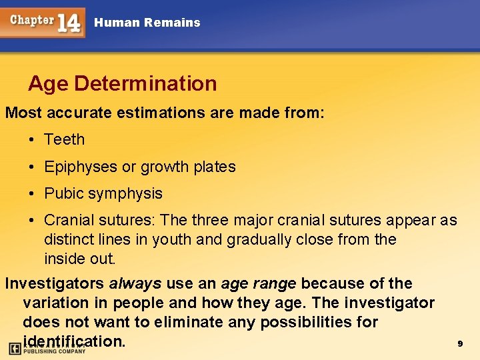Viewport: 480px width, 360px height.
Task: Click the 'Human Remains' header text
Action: coord(147,23)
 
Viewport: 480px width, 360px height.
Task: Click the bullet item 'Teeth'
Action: coord(64,139)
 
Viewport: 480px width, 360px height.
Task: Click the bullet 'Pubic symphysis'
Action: coord(103,193)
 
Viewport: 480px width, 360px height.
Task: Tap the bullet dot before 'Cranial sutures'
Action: coord(31,220)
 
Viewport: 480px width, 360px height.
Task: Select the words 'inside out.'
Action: coord(80,258)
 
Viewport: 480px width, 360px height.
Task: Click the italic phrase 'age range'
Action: coord(258,284)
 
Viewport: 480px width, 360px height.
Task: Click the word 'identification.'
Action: coord(73,341)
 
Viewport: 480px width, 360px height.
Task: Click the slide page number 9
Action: coord(459,343)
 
